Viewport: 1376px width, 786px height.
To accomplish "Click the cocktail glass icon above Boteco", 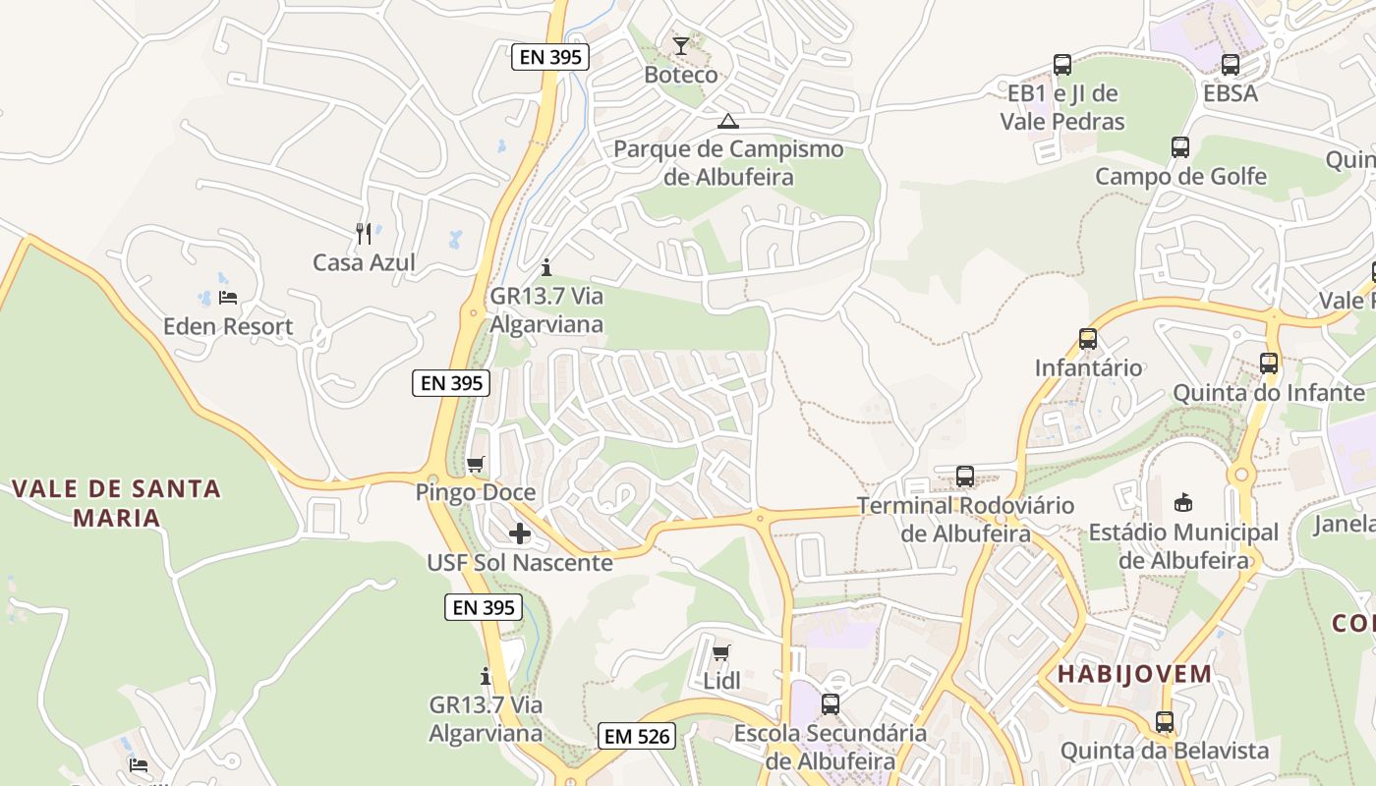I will pos(680,45).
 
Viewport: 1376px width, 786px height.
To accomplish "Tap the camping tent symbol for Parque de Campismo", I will pos(727,122).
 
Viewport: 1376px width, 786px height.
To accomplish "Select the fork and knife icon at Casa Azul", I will pos(364,233).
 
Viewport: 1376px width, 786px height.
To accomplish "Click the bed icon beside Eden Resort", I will pos(228,297).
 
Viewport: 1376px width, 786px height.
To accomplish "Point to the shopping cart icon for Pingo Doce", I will pos(476,464).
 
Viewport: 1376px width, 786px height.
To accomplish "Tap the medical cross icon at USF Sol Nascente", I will pos(520,533).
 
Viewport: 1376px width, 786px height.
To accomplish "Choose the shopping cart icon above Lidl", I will pos(721,652).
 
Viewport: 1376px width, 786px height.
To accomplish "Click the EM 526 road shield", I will pos(636,736).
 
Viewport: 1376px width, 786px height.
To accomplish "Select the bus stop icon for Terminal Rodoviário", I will pos(965,477).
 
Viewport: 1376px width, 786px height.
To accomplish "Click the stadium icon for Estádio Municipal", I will pos(1183,503).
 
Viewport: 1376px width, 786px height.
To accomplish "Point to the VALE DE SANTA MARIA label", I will pos(116,503).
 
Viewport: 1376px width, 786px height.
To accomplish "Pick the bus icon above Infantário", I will pos(1088,339).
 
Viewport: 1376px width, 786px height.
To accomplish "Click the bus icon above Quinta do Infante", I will pos(1269,364).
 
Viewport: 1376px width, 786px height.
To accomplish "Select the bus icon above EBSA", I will pos(1231,65).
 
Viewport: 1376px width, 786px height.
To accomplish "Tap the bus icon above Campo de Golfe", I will pos(1180,147).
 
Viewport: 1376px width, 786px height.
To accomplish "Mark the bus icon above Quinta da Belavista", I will pos(1165,722).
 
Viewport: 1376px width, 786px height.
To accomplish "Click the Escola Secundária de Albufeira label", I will pos(831,747).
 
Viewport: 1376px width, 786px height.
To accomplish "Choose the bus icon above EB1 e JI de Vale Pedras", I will pos(1062,65).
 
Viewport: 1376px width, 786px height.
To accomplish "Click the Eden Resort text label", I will pos(228,326).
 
